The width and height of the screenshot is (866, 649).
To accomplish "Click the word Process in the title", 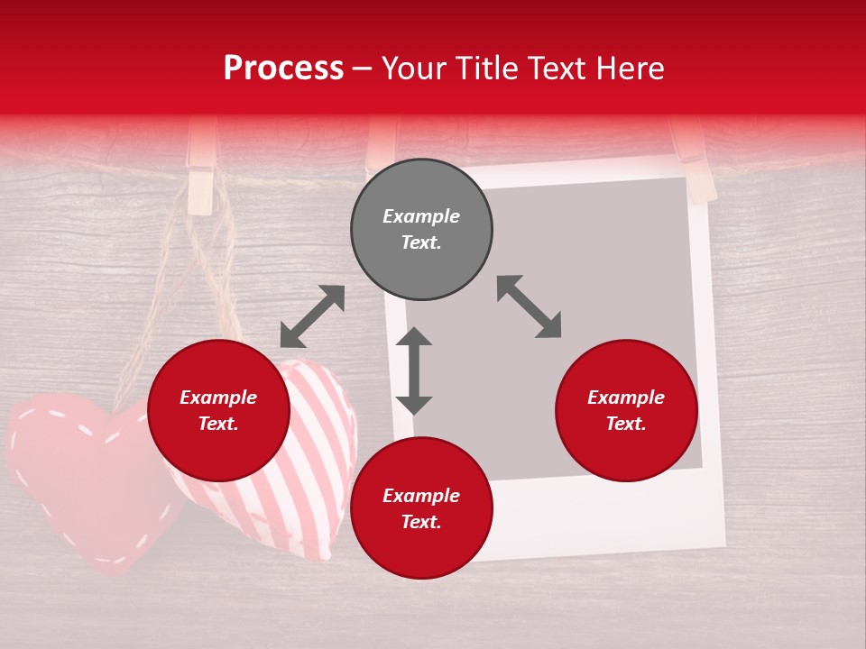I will (283, 69).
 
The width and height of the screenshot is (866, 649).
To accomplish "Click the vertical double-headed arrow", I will (414, 370).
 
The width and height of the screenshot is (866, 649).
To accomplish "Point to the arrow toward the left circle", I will (312, 316).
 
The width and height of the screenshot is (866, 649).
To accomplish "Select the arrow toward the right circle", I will (530, 306).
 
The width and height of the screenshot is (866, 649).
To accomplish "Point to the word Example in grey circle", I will (421, 216).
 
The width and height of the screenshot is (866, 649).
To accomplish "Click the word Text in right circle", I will (626, 424).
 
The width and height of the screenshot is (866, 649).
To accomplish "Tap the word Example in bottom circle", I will (421, 496).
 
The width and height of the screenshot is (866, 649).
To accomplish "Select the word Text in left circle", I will (218, 424).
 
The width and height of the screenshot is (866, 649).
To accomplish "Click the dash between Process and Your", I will (363, 69).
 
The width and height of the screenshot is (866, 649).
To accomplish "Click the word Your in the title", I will (414, 69).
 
